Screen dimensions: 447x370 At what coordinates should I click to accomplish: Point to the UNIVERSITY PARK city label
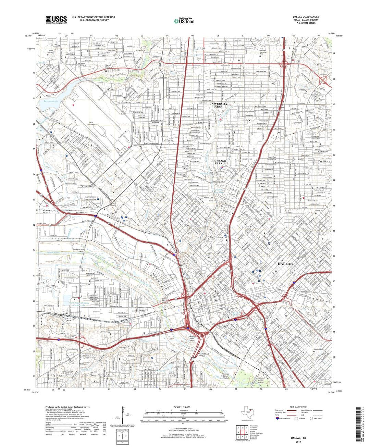click(x=218, y=105)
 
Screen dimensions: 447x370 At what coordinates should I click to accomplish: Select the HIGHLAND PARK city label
click(x=219, y=162)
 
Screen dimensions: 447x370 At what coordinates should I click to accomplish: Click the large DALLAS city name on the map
click(x=285, y=264)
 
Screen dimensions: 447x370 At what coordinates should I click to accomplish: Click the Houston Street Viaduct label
click(x=192, y=339)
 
